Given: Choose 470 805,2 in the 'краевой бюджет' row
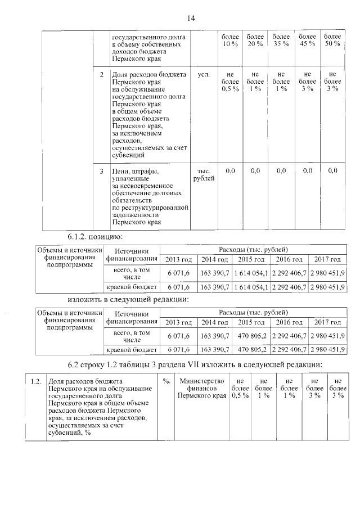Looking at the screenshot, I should [252, 349].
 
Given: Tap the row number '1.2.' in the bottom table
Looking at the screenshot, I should [36, 382].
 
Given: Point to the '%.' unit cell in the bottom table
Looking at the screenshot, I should [166, 382].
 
